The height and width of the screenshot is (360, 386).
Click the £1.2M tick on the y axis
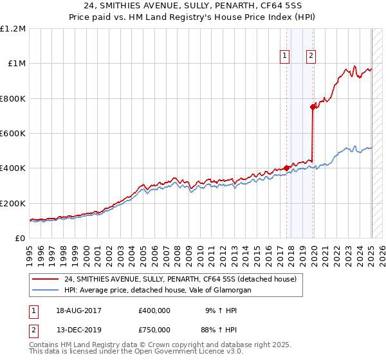click(x=14, y=29)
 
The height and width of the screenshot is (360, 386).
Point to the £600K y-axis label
click(x=13, y=134)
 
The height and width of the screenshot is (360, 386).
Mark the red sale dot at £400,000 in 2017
click(x=287, y=168)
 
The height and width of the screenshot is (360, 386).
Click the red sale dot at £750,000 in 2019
click(x=313, y=107)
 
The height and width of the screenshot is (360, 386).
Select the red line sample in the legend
click(x=44, y=280)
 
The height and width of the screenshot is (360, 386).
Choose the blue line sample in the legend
click(x=44, y=291)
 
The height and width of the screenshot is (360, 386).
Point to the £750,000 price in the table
click(x=154, y=329)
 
